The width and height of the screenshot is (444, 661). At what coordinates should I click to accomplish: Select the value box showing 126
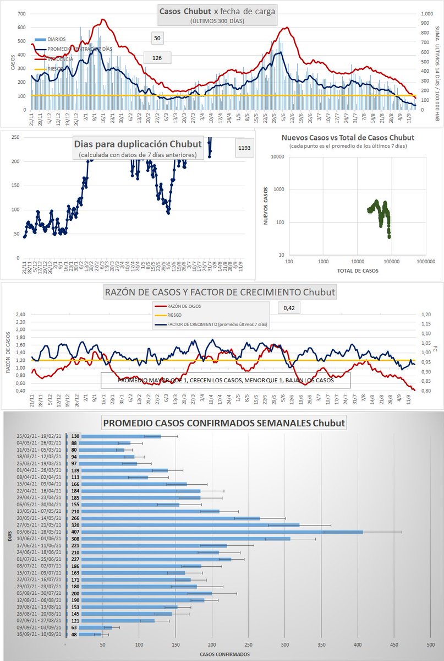coord(157,57)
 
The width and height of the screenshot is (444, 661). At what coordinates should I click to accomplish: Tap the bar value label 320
coord(75,525)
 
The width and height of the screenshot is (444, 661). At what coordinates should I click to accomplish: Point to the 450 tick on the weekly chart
coord(394,644)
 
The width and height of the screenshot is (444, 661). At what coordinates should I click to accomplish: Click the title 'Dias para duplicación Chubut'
coord(138,144)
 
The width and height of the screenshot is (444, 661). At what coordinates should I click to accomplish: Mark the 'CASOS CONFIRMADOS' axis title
coord(224,654)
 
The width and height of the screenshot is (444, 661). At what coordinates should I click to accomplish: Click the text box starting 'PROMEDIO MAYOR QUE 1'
coord(225,381)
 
